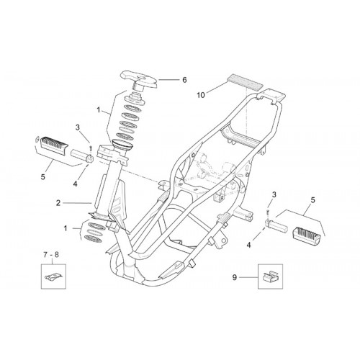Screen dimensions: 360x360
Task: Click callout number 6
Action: point(184,80)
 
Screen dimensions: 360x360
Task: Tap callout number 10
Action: point(201,95)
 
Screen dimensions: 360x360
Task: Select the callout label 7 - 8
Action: point(51,255)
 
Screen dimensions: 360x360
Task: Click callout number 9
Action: point(235,277)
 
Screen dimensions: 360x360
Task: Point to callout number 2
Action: point(58,203)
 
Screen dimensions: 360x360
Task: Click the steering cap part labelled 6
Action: point(139,81)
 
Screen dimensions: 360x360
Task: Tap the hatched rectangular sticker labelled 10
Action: point(244,82)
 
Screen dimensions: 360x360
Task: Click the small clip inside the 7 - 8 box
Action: point(54,277)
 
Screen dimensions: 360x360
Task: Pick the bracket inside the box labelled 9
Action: point(271,276)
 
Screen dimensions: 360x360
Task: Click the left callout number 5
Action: point(42,177)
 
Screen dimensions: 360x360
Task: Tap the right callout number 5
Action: point(313,200)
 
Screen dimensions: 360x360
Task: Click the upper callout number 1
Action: point(99,110)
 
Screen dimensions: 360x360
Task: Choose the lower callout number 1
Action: point(66,228)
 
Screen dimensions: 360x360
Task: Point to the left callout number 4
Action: point(75,184)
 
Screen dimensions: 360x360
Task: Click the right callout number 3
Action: point(274,194)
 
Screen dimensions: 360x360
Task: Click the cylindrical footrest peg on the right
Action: point(276,225)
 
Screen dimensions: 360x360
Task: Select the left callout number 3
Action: point(78,127)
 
